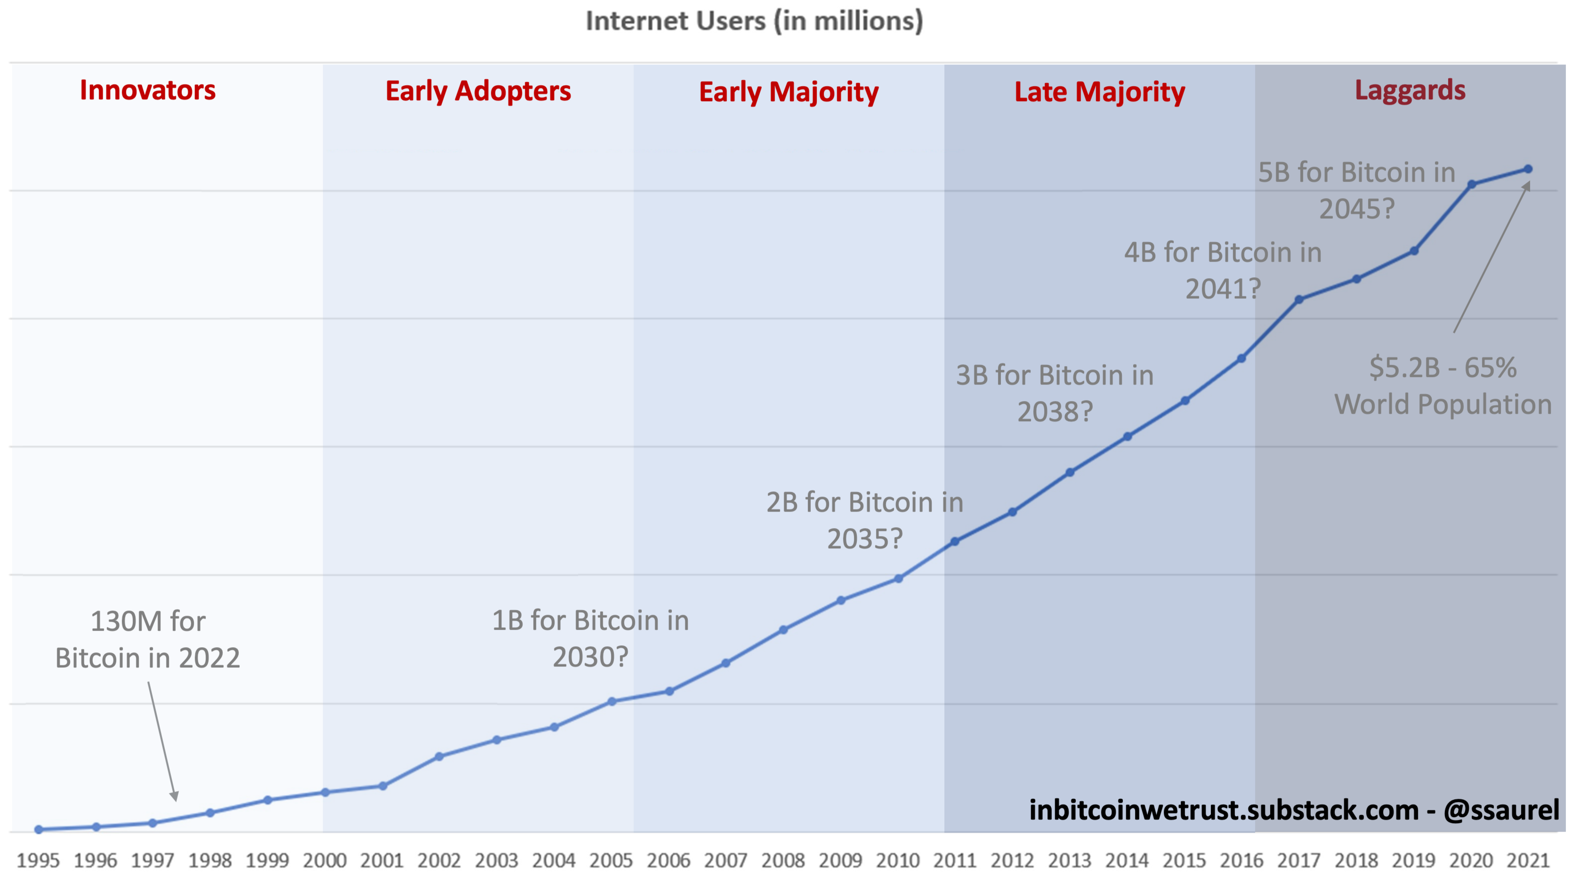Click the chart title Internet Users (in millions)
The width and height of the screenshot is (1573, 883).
(754, 21)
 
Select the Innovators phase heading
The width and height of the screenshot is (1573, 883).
(148, 90)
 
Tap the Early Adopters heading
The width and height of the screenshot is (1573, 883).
(478, 92)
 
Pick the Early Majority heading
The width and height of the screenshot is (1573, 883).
(788, 92)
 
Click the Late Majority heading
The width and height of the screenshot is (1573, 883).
(1099, 92)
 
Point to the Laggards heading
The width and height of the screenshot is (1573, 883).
(1410, 90)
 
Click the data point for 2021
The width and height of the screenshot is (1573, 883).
(1528, 169)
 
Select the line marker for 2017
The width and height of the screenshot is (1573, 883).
(1299, 300)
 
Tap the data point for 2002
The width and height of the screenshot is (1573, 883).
(439, 756)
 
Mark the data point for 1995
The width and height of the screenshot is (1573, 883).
(39, 829)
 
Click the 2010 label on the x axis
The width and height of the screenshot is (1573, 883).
(898, 861)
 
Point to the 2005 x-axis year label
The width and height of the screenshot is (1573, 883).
(611, 861)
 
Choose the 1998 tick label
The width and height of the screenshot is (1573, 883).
(210, 861)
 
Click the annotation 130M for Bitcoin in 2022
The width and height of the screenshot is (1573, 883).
(148, 639)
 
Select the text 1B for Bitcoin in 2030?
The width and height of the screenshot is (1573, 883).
(590, 639)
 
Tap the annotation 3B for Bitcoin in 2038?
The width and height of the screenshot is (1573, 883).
(1055, 393)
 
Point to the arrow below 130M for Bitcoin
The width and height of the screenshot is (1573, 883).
(162, 742)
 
